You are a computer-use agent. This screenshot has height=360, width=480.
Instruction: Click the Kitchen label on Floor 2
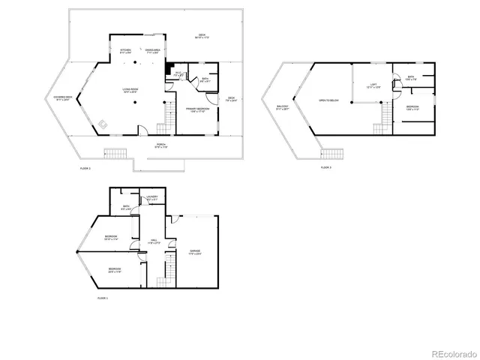point(126,52)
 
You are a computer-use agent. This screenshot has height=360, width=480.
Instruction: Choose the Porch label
point(160,145)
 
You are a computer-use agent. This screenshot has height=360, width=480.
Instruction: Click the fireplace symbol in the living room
point(103,124)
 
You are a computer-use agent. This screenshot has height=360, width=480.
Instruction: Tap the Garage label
point(194,252)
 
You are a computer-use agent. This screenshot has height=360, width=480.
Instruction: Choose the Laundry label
point(151,198)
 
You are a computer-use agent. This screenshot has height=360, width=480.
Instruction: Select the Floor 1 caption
point(103,298)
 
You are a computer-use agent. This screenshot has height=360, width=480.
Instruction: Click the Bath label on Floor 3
point(411,78)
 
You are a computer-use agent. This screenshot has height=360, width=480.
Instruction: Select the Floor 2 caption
point(85,169)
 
